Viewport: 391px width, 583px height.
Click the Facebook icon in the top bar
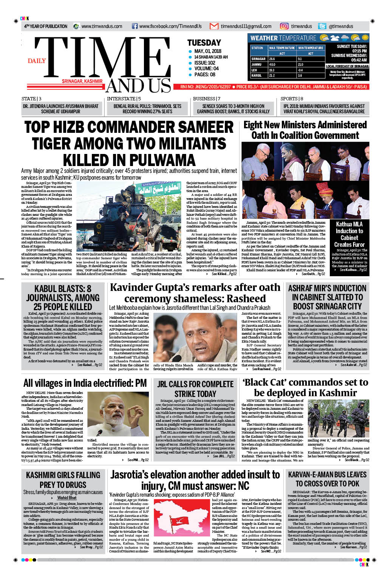click(134, 26)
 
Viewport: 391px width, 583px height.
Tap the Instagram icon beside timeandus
click(284, 26)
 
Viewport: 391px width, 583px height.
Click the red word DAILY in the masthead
click(37, 61)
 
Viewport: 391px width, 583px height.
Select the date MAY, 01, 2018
click(208, 51)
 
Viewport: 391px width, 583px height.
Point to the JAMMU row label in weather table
click(257, 65)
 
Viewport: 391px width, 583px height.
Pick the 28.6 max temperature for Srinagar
click(272, 59)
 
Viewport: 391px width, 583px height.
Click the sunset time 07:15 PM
click(359, 51)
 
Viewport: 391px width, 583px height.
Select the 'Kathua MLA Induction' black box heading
click(349, 234)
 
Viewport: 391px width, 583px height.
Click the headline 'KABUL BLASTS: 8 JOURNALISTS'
click(63, 298)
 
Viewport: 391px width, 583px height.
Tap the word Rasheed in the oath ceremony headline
click(246, 298)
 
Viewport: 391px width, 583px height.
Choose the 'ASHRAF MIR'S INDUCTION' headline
click(327, 297)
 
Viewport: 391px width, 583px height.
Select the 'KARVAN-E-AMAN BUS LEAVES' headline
click(327, 479)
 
